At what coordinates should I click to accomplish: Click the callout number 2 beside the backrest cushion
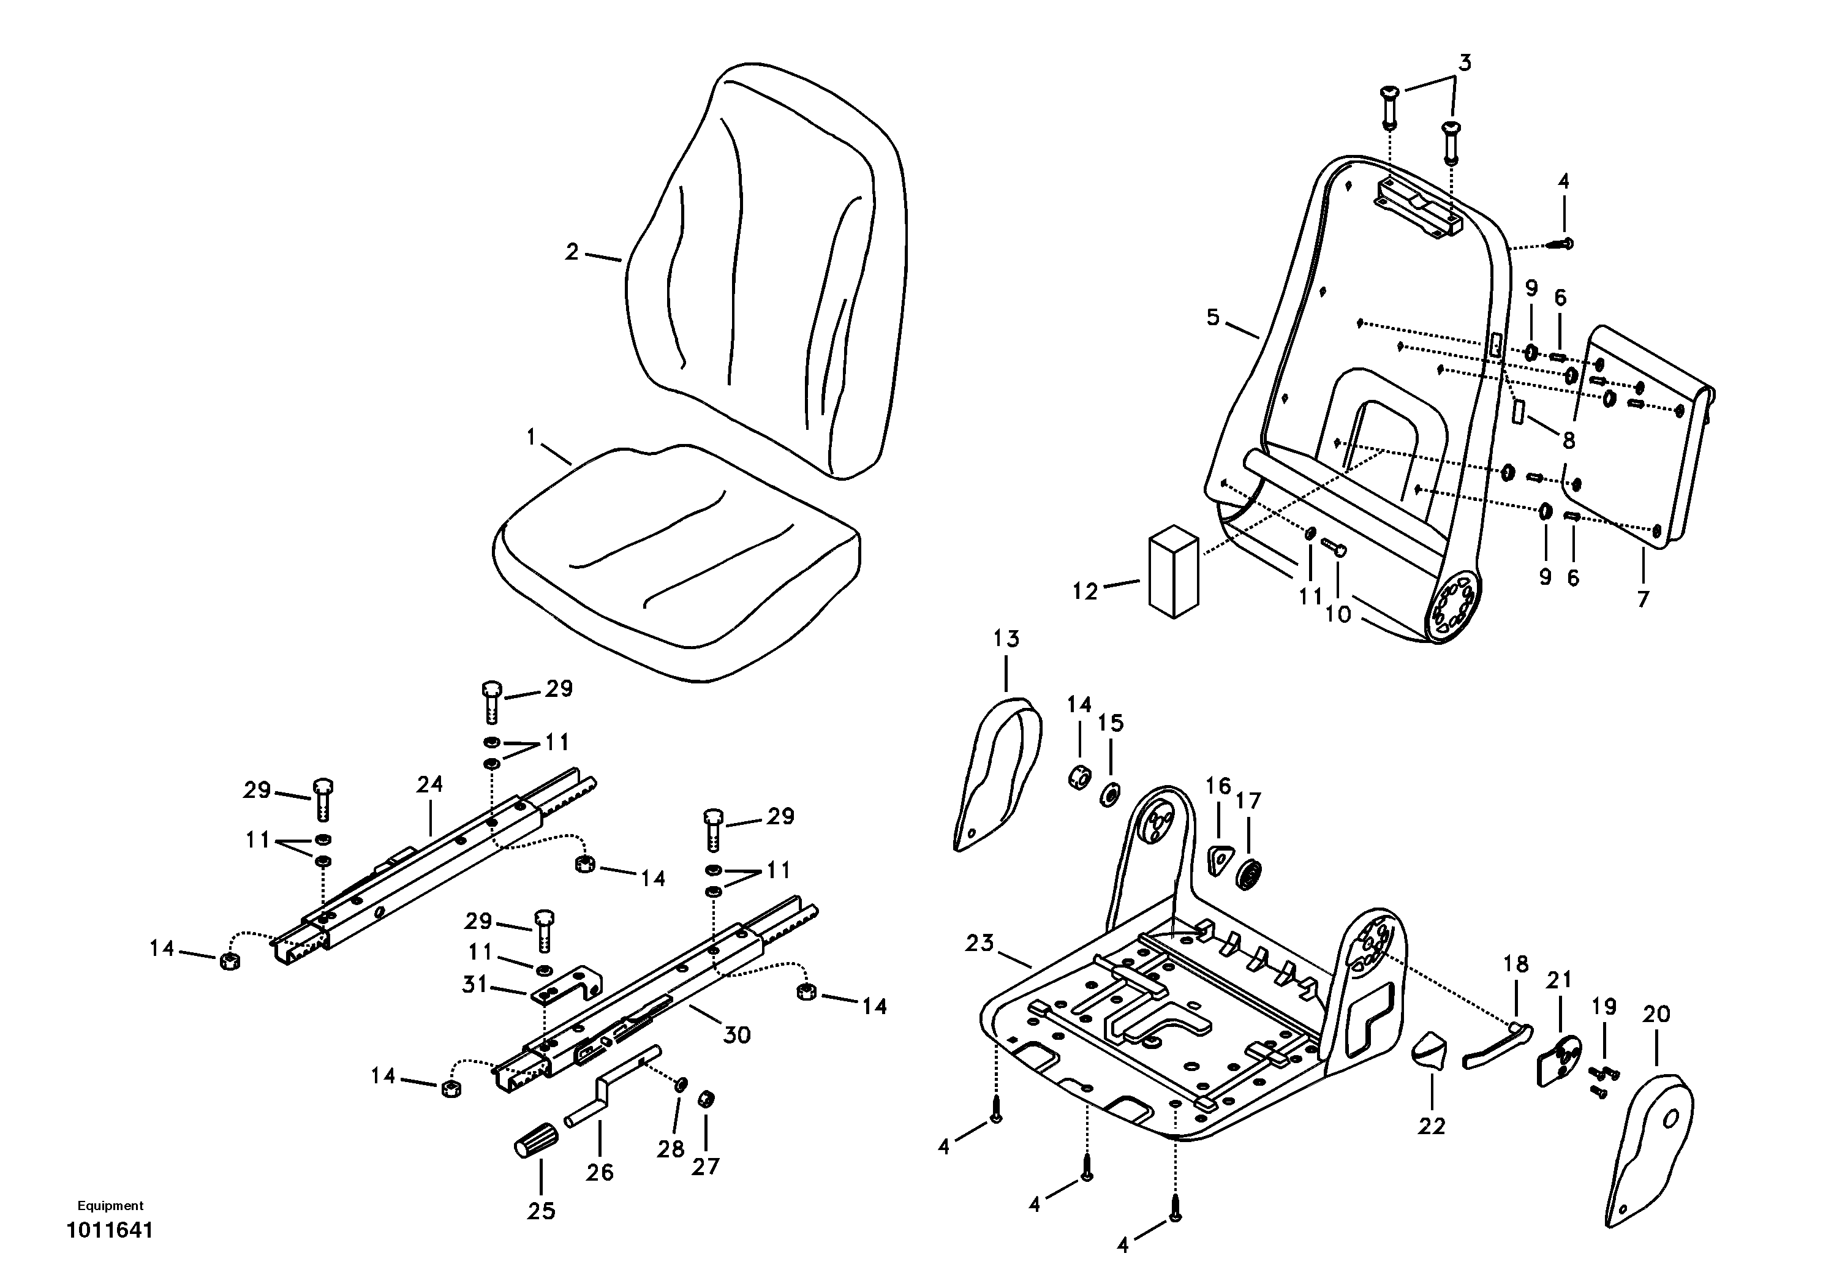tap(572, 252)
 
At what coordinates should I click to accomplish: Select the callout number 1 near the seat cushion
tap(532, 437)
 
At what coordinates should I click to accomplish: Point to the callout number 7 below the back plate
tap(1643, 598)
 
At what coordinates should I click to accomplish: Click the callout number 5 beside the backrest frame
tap(1212, 318)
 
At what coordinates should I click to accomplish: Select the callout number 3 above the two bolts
tap(1465, 62)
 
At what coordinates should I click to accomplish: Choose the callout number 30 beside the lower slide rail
tap(736, 1034)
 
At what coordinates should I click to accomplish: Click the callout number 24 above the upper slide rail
tap(429, 784)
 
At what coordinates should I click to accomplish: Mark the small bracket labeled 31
tap(568, 984)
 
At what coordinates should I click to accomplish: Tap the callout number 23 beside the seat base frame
tap(979, 943)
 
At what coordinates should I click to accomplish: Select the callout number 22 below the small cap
tap(1432, 1126)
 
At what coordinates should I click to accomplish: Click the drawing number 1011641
tap(110, 1231)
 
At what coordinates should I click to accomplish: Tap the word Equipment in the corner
tap(110, 1205)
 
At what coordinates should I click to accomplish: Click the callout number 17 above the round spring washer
tap(1248, 801)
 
